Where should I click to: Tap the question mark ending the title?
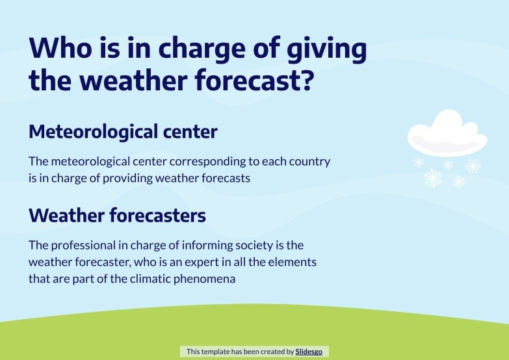[307, 81]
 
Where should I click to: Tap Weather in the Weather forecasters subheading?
[66, 215]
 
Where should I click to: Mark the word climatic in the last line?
[151, 278]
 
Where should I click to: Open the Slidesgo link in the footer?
[309, 352]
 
